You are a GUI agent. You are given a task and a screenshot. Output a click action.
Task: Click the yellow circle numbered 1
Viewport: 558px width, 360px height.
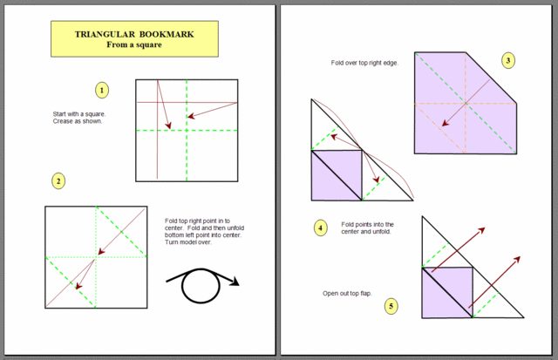tap(102, 91)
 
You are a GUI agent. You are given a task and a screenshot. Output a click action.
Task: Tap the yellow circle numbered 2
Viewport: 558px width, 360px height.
tap(58, 181)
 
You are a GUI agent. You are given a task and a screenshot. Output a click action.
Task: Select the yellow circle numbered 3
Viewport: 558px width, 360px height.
tap(508, 60)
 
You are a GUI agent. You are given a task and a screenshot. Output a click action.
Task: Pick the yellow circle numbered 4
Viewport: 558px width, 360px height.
tap(320, 228)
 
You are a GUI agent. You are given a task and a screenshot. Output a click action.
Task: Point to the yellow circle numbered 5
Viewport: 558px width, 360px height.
tap(391, 306)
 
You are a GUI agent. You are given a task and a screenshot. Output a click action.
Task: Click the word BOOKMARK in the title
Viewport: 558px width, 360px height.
tap(167, 35)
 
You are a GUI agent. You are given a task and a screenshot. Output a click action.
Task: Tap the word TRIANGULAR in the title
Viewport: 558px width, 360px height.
tap(105, 35)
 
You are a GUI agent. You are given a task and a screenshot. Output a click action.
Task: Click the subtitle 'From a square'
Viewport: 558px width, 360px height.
tap(134, 44)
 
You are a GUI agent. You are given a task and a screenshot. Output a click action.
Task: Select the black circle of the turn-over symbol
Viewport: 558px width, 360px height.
tap(201, 286)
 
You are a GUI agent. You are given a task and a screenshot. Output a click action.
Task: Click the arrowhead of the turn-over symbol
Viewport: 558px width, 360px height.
tap(235, 282)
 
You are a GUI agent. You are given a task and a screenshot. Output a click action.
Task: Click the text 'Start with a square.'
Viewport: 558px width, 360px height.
tap(79, 114)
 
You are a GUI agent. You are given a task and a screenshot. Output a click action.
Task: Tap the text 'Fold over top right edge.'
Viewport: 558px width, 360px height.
tap(364, 63)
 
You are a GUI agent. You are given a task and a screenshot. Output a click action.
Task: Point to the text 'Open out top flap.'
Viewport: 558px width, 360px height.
tap(347, 294)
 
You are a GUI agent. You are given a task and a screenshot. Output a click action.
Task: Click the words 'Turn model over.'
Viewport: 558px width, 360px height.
tap(188, 242)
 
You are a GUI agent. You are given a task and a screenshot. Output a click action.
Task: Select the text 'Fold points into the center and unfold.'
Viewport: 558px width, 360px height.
tap(367, 228)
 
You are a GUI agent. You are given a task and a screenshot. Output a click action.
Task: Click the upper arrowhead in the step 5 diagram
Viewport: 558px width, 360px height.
tap(481, 230)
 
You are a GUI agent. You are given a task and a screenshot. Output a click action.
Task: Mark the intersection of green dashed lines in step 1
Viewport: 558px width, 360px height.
tap(187, 131)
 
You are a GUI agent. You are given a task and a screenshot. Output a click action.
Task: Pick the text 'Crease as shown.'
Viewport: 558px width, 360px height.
tap(78, 121)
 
